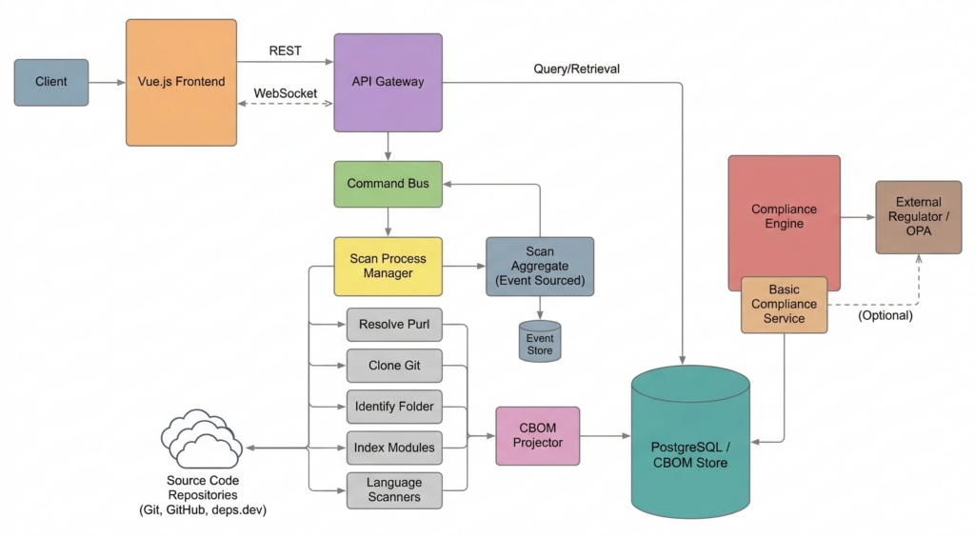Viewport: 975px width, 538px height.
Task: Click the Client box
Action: pyautogui.click(x=51, y=82)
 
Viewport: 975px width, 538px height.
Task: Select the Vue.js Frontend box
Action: pyautogui.click(x=181, y=82)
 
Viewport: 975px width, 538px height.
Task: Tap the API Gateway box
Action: pyautogui.click(x=388, y=82)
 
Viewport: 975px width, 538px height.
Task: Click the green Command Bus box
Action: pyautogui.click(x=388, y=184)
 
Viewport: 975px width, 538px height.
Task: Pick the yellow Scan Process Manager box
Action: pyautogui.click(x=388, y=266)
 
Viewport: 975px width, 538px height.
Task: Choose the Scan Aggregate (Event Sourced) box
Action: pyautogui.click(x=540, y=266)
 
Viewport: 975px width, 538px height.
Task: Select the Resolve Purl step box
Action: pyautogui.click(x=393, y=325)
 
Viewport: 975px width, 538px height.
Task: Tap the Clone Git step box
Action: pyautogui.click(x=393, y=366)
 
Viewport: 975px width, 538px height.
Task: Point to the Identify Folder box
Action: pyautogui.click(x=393, y=407)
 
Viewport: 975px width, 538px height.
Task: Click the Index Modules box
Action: pyautogui.click(x=393, y=448)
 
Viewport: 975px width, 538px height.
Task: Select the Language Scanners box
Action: pyautogui.click(x=393, y=489)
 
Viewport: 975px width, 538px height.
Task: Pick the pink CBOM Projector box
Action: pyautogui.click(x=538, y=435)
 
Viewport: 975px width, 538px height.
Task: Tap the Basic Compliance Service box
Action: pyautogui.click(x=785, y=305)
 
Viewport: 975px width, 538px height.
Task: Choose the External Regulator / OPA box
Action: pyautogui.click(x=918, y=217)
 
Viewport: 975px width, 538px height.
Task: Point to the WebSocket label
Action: pyautogui.click(x=285, y=94)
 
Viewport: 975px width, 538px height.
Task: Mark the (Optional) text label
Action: pyautogui.click(x=885, y=315)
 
